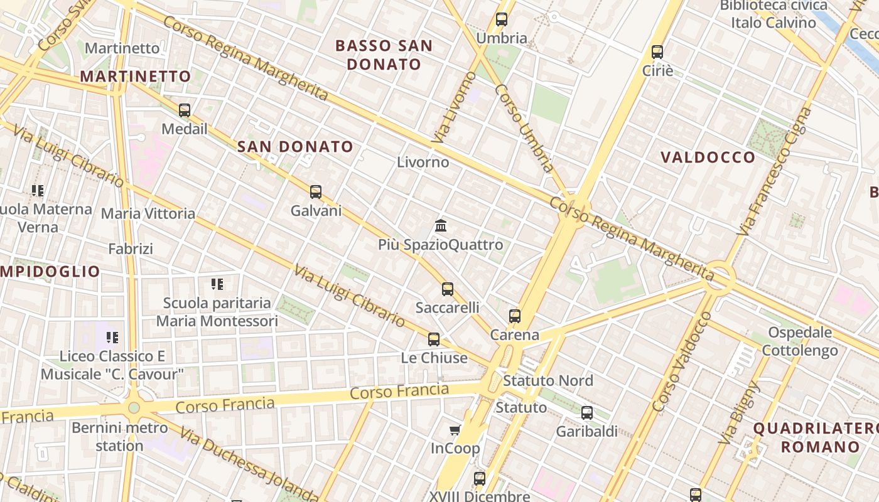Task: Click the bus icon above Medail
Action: pos(185,110)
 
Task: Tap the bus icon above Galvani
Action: pos(316,192)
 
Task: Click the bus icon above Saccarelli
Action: pos(448,289)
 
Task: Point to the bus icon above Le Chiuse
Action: pos(434,339)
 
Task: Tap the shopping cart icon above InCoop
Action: pos(455,430)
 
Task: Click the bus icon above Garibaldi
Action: pos(587,413)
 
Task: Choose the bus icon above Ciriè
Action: pos(657,52)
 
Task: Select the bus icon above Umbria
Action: pos(502,19)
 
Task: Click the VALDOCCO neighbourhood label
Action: pos(708,158)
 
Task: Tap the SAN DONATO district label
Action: pos(296,147)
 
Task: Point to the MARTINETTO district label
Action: pos(136,77)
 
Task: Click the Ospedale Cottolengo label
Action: pos(800,341)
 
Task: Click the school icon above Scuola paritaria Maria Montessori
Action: pos(217,284)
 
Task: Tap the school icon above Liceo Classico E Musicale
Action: pos(112,338)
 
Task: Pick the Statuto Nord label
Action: pos(547,380)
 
